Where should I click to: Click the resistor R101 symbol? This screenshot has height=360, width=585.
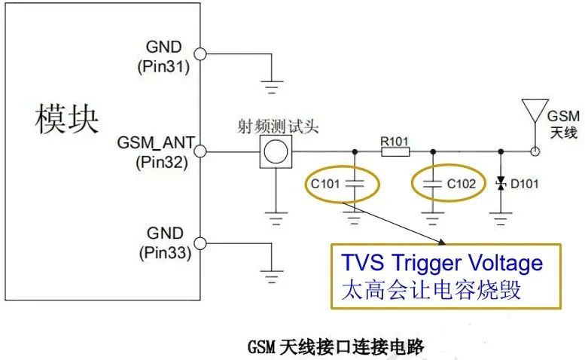[395, 151]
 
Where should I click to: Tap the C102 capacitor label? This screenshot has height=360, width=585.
[462, 183]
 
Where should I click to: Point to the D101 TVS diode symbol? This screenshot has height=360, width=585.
[499, 183]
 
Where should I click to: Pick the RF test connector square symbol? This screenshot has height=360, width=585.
[276, 151]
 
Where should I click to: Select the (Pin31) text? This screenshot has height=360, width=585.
[163, 66]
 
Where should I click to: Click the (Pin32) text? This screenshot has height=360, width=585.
[163, 160]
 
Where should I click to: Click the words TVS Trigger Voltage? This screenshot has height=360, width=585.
[442, 263]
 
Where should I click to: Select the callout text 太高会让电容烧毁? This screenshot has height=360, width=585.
[431, 289]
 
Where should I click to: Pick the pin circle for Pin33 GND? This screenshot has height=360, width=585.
[200, 243]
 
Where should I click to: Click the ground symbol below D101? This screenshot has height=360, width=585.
[499, 219]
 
